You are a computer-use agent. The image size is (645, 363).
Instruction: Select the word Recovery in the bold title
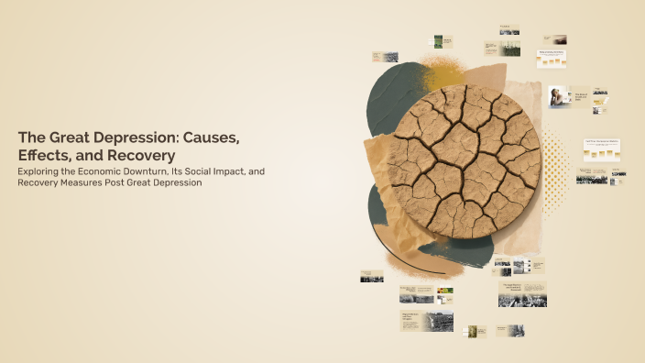click(x=137, y=156)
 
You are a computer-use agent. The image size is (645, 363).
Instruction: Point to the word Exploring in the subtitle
click(x=39, y=171)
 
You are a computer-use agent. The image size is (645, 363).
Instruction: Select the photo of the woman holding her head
click(x=557, y=97)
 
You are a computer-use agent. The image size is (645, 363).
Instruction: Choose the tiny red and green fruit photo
click(x=445, y=291)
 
